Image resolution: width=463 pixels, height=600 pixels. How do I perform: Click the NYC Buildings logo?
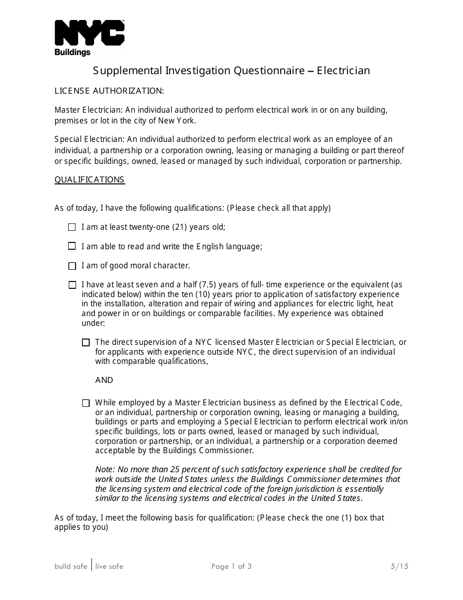pyautogui.click(x=89, y=38)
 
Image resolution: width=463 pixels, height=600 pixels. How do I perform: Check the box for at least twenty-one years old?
pyautogui.click(x=72, y=227)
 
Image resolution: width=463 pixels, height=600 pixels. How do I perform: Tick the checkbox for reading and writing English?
pyautogui.click(x=72, y=246)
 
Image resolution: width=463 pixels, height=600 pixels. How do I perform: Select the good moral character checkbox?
pyautogui.click(x=72, y=266)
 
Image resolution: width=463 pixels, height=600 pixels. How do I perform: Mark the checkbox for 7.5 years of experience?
pyautogui.click(x=72, y=285)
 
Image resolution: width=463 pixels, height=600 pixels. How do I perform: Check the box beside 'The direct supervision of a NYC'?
pyautogui.click(x=86, y=342)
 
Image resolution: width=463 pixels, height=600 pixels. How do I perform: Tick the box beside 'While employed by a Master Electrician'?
pyautogui.click(x=86, y=403)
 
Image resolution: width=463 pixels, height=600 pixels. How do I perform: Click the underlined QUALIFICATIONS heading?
pyautogui.click(x=90, y=180)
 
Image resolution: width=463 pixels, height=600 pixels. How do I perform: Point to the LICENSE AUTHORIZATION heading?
pyautogui.click(x=109, y=91)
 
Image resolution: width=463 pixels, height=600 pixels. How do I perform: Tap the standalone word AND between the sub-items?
pyautogui.click(x=104, y=380)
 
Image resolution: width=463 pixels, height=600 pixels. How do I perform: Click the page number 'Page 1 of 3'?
pyautogui.click(x=231, y=566)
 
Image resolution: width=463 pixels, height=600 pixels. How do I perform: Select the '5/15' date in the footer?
pyautogui.click(x=399, y=566)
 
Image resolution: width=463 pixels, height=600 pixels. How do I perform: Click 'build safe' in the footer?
pyautogui.click(x=71, y=566)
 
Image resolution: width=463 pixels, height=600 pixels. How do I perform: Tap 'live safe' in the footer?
pyautogui.click(x=109, y=566)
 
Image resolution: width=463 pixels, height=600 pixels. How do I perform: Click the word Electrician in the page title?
pyautogui.click(x=344, y=71)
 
